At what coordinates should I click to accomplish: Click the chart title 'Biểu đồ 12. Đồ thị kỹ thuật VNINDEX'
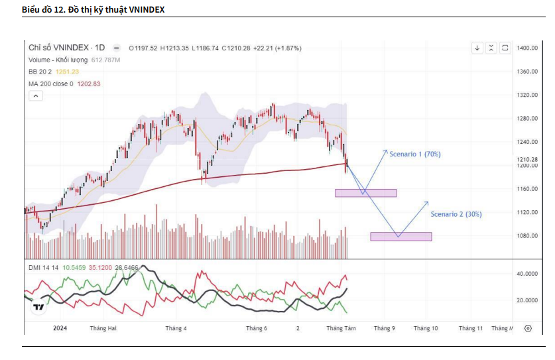[x=93, y=10]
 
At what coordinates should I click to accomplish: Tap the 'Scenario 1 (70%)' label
[x=415, y=154]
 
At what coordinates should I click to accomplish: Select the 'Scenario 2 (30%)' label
[x=456, y=214]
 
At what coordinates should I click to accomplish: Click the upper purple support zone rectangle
[x=365, y=193]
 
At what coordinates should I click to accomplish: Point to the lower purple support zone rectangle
[x=401, y=237]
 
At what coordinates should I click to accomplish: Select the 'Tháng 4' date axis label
[x=176, y=328]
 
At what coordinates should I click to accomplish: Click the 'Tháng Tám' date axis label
[x=341, y=328]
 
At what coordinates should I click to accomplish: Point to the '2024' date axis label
[x=60, y=328]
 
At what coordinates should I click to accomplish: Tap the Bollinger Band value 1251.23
[x=68, y=72]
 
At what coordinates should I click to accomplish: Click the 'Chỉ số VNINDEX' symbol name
[x=58, y=48]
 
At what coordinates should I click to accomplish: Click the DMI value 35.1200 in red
[x=101, y=267]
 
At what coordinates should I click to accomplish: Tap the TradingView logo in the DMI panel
[x=38, y=306]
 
